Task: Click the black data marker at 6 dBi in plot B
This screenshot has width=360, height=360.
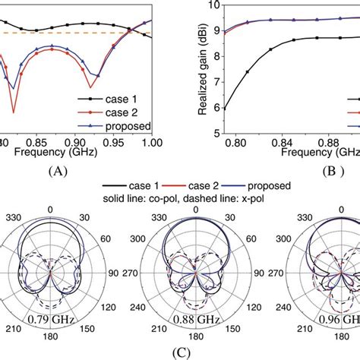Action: tap(225, 108)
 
